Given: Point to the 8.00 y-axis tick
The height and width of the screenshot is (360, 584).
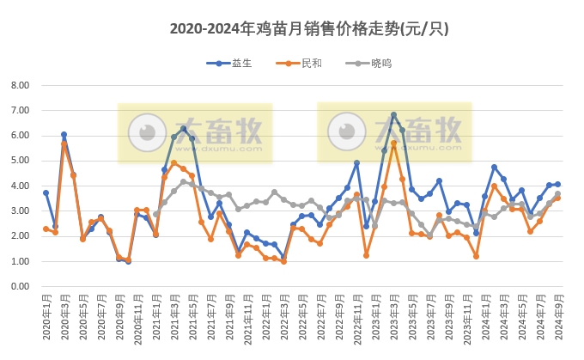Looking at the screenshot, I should pos(19,85).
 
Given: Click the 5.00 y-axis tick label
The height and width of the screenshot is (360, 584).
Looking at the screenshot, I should pos(19,161).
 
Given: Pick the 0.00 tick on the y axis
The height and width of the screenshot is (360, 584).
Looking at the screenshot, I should pos(19,286).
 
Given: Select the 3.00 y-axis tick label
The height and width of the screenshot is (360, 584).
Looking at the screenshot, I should pos(19,211).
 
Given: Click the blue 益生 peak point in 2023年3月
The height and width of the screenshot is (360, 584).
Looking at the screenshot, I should pos(393,115).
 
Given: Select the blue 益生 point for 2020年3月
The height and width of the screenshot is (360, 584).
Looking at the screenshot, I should pos(64,135).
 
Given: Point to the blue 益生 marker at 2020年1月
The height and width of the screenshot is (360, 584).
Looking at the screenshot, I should pos(46,192).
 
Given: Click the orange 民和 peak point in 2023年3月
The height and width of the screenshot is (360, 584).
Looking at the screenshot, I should pos(393,143).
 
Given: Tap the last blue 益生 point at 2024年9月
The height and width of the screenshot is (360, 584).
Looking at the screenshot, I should pos(557,184).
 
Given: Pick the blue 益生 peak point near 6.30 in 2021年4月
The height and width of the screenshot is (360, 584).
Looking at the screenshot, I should pos(183,129).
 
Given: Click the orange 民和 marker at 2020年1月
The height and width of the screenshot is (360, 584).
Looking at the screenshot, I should pos(46,229).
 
